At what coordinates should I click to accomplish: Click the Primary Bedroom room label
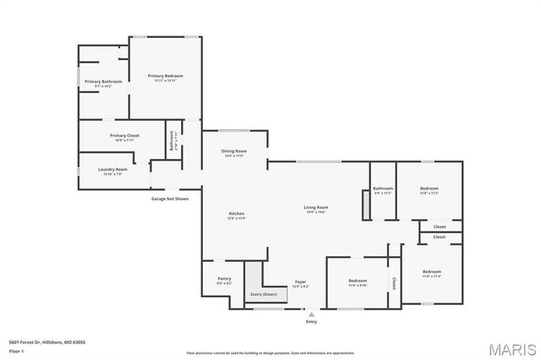(x=165, y=76)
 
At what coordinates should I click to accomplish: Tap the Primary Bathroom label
(x=103, y=82)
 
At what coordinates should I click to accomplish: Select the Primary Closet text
(x=124, y=135)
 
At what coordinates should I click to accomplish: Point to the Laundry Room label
(x=112, y=169)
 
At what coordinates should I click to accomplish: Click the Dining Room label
(x=233, y=152)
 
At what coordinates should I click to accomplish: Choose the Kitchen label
(x=236, y=213)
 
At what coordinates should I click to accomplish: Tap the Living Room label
(x=316, y=207)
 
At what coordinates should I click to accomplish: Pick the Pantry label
(x=224, y=279)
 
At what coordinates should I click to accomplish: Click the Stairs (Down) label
(x=263, y=294)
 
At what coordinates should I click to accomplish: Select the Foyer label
(x=300, y=281)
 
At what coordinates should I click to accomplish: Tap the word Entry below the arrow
(x=312, y=321)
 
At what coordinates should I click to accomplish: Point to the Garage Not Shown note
(x=170, y=199)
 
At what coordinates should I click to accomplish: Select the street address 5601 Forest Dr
(x=47, y=341)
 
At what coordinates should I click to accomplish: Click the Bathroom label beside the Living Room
(x=383, y=188)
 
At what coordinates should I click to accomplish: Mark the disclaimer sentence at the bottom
(x=270, y=352)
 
